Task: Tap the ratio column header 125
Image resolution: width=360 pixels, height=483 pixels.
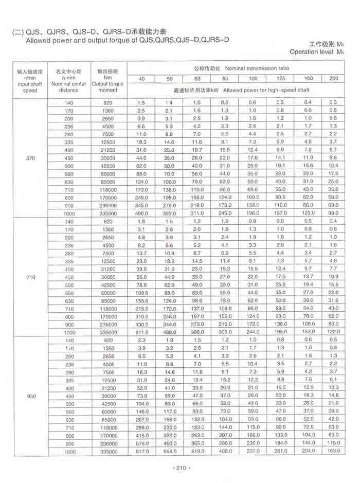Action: (x=280, y=78)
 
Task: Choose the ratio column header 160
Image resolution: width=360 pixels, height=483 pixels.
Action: (x=308, y=78)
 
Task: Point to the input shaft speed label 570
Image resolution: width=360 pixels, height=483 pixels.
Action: (x=30, y=157)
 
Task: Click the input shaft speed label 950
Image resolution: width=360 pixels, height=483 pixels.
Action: (x=30, y=396)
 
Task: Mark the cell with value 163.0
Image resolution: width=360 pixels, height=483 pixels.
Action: (x=335, y=451)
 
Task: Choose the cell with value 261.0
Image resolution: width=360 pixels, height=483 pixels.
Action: (x=280, y=451)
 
